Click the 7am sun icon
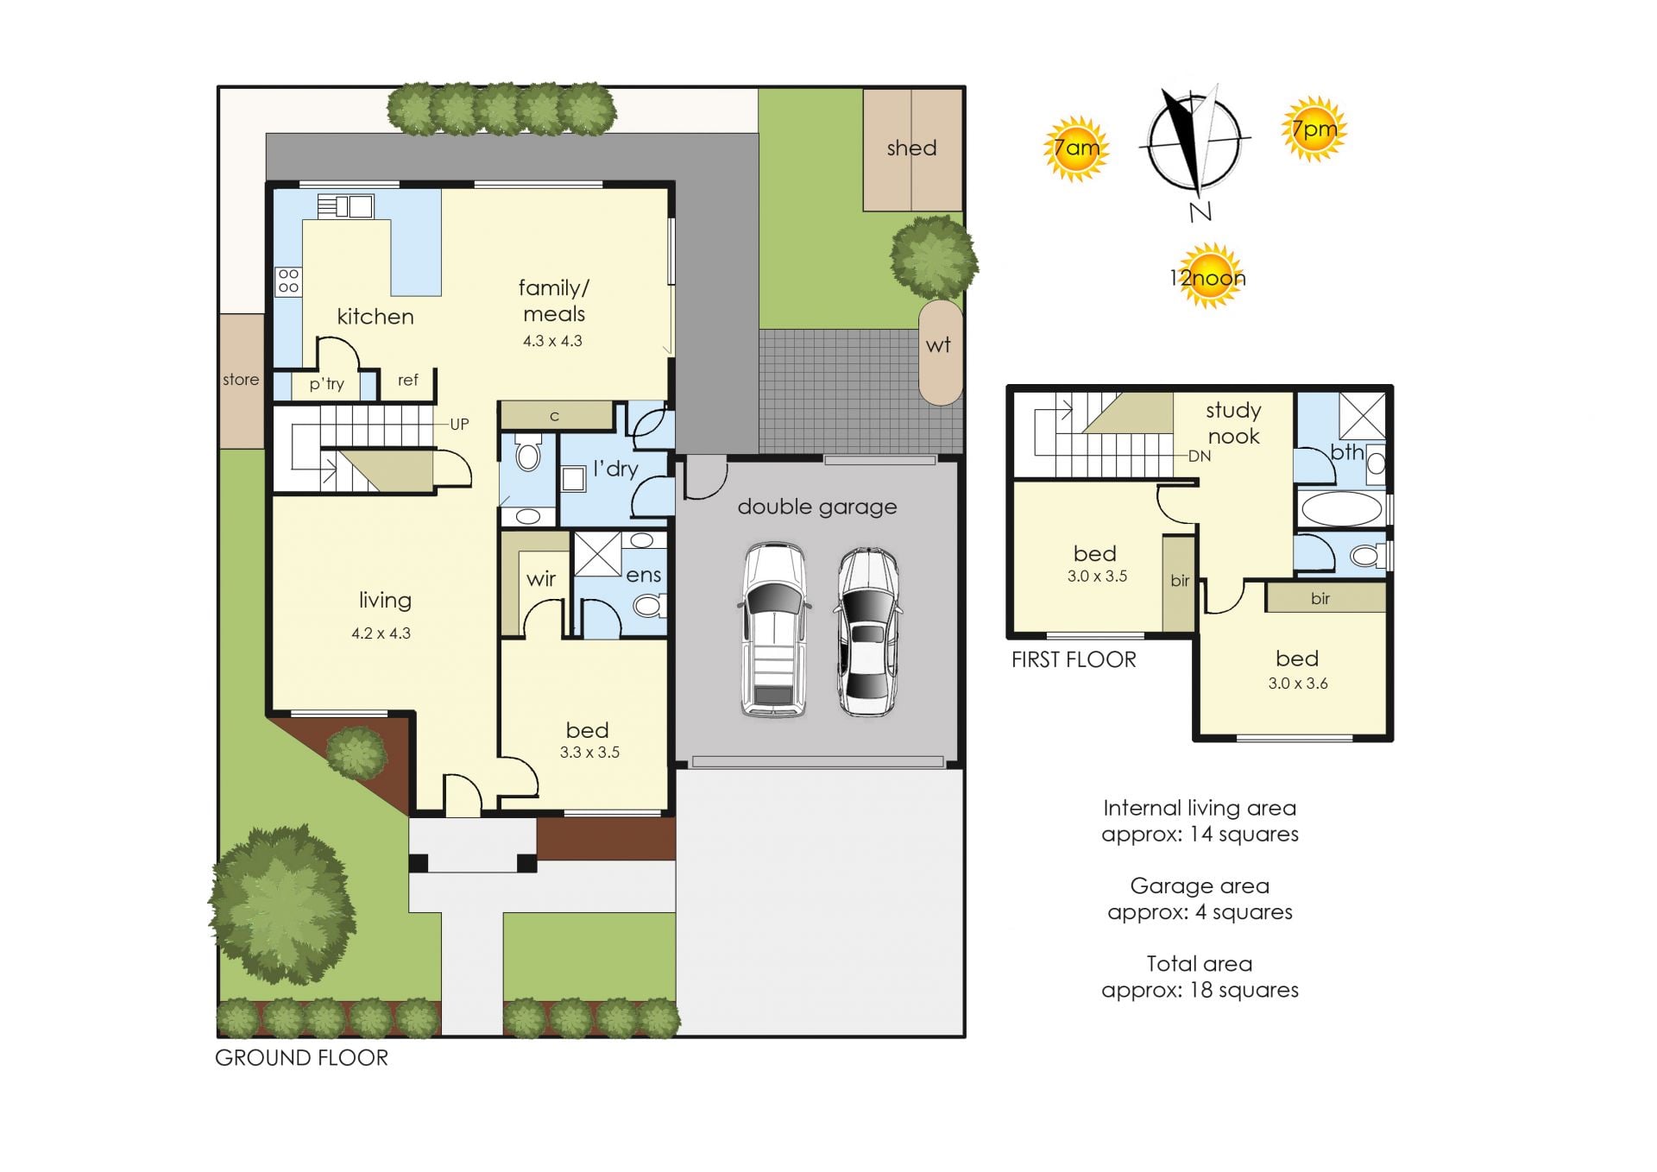tap(1075, 148)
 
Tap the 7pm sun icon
tap(1314, 129)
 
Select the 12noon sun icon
tap(1208, 276)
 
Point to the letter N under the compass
tap(1200, 212)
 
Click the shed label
tap(911, 148)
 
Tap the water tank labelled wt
tap(939, 352)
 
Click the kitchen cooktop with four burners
tap(288, 281)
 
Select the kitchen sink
tap(345, 206)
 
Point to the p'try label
tap(327, 384)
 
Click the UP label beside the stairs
tap(459, 425)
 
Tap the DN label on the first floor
tap(1200, 457)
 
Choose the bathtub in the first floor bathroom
tap(1341, 509)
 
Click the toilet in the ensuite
tap(648, 606)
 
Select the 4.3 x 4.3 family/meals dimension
tap(552, 341)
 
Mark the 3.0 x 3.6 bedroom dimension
tap(1298, 684)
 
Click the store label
tap(241, 380)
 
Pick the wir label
tap(541, 579)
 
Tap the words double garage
tap(817, 507)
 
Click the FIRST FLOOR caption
tap(1074, 660)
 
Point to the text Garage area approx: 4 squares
tap(1200, 899)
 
